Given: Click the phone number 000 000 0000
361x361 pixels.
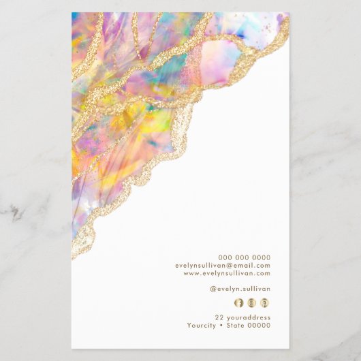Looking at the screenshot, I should point(244,257).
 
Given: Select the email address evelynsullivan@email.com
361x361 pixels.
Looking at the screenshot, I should point(223,266).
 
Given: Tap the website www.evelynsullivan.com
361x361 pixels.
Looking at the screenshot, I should point(227,273).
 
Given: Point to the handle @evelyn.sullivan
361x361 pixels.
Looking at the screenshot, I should point(240,289).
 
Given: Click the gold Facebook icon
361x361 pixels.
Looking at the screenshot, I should point(238,302).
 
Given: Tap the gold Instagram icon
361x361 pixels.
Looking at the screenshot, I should point(252,302).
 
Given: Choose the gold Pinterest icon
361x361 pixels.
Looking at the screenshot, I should point(265,302).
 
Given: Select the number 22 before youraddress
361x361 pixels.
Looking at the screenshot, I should point(219,317).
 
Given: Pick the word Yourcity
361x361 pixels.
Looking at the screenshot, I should point(202,326).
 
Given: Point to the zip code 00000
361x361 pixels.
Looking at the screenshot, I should point(261,326).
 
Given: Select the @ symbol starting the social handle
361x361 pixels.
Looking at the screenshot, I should point(213,289).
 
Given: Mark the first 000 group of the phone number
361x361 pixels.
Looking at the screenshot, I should point(224,257).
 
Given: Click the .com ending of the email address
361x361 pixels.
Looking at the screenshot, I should point(262,266).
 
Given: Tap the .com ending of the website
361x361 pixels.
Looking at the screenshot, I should point(262,273).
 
